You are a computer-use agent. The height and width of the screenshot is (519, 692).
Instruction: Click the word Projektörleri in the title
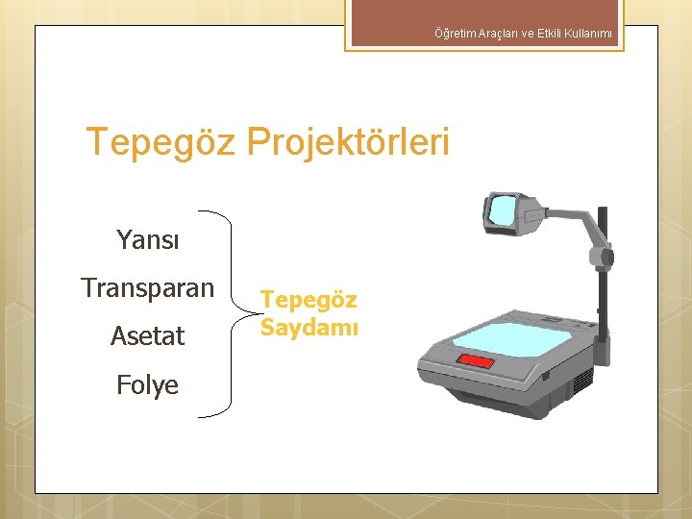pyautogui.click(x=348, y=142)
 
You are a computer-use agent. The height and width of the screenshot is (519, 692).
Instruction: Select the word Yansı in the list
pyautogui.click(x=147, y=239)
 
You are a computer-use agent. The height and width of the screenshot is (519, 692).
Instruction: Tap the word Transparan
pyautogui.click(x=147, y=287)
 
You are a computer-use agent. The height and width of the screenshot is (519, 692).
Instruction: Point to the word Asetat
pyautogui.click(x=147, y=335)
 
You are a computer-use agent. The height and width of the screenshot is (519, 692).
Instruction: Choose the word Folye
pyautogui.click(x=147, y=384)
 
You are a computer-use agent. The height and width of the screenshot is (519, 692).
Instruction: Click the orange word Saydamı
pyautogui.click(x=309, y=328)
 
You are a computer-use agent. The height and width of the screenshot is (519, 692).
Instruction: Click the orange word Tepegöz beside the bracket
pyautogui.click(x=309, y=300)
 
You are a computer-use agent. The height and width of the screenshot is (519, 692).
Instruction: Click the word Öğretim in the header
pyautogui.click(x=453, y=35)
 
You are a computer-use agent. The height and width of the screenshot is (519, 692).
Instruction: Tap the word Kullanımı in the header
pyautogui.click(x=588, y=35)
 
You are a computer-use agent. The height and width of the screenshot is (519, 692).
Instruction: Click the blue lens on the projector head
pyautogui.click(x=502, y=210)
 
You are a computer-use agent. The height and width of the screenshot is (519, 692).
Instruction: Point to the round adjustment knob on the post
pyautogui.click(x=605, y=258)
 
